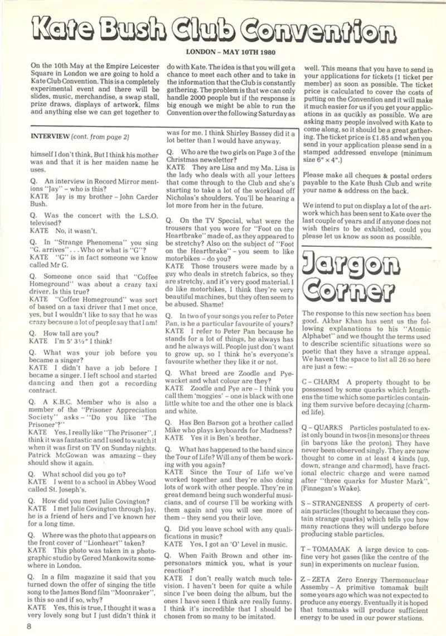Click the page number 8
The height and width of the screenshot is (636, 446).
28,626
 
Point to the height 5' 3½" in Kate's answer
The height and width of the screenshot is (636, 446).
69,341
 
